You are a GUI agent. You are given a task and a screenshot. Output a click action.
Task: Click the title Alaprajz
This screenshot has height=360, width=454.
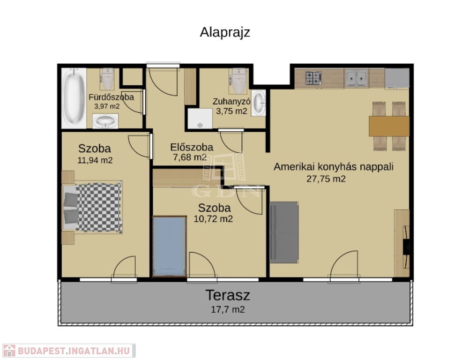click(225, 32)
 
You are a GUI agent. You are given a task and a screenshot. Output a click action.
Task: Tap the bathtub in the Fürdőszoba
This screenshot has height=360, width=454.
click(74, 98)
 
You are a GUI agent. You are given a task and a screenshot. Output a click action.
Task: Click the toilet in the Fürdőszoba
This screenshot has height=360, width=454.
click(107, 79)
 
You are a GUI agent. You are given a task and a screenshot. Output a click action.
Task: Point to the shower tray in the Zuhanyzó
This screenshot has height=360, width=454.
click(200, 119)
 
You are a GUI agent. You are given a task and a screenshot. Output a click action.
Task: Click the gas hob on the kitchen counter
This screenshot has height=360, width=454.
click(313, 78)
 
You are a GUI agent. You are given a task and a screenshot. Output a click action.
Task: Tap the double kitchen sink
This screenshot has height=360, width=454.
click(357, 78)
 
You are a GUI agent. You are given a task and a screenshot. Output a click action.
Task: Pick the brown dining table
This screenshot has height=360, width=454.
click(389, 126)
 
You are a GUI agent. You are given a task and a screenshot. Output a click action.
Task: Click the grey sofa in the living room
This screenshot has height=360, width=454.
click(284, 232)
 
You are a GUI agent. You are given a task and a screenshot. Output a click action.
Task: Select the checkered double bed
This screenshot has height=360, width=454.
click(92, 207)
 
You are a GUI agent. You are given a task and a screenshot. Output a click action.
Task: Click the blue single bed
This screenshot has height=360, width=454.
click(170, 247)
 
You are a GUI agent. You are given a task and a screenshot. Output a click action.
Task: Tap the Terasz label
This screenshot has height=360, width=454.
click(228, 295)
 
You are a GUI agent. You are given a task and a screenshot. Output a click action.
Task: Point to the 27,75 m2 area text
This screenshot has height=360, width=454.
click(326, 179)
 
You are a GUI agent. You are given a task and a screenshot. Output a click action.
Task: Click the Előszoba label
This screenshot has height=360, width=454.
click(192, 147)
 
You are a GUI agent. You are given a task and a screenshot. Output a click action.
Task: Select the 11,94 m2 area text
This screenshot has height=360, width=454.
click(95, 160)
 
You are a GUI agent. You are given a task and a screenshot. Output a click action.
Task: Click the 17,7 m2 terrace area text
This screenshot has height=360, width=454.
click(228, 309)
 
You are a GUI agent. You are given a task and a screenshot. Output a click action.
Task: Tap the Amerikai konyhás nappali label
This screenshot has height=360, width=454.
click(334, 167)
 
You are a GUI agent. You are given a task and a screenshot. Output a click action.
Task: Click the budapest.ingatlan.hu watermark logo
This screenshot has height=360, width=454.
click(69, 351)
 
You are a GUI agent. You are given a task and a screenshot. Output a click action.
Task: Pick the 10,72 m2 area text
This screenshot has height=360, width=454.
click(213, 219)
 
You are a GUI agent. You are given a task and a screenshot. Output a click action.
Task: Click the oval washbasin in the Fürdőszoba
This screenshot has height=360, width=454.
click(105, 121)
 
